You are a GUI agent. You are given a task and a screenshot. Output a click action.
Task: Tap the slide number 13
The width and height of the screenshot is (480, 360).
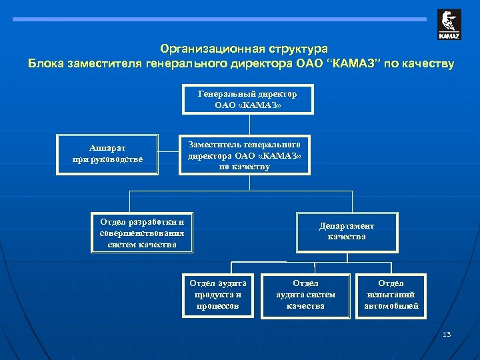pyautogui.click(x=447, y=334)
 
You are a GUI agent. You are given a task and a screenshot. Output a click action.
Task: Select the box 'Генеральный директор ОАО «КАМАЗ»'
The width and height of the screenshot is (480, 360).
pyautogui.click(x=247, y=100)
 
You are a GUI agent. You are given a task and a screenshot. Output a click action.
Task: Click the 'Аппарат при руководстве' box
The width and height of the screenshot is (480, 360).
pyautogui.click(x=107, y=155)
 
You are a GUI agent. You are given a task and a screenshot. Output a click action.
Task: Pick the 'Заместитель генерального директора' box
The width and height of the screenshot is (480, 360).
pyautogui.click(x=245, y=155)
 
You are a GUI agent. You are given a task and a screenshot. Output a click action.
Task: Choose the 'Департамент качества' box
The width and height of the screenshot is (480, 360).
pyautogui.click(x=347, y=232)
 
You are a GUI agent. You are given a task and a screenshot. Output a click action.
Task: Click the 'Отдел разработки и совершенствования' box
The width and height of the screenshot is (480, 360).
pyautogui.click(x=141, y=233)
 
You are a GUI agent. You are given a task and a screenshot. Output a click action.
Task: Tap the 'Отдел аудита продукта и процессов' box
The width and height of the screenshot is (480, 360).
pyautogui.click(x=218, y=295)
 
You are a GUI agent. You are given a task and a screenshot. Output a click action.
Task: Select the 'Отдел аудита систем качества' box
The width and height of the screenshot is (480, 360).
pyautogui.click(x=305, y=295)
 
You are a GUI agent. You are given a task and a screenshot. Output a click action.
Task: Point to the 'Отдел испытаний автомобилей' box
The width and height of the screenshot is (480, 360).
pyautogui.click(x=391, y=295)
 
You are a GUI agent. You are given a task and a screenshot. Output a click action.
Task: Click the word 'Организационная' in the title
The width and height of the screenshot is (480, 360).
pyautogui.click(x=213, y=49)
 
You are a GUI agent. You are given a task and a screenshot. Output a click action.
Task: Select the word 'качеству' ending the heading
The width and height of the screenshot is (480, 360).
pyautogui.click(x=426, y=64)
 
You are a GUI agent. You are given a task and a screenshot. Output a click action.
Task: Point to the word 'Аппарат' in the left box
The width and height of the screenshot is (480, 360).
pyautogui.click(x=107, y=148)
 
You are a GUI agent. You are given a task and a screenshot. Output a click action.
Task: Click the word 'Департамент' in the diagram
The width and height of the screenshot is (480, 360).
pyautogui.click(x=347, y=226)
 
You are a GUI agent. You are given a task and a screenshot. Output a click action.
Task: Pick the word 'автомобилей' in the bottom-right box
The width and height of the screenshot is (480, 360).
pyautogui.click(x=391, y=306)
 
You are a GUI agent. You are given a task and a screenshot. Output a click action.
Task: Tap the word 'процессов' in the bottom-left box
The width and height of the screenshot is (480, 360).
pyautogui.click(x=218, y=306)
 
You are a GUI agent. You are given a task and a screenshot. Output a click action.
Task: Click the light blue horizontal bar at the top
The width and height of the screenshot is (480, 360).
pyautogui.click(x=220, y=19)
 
